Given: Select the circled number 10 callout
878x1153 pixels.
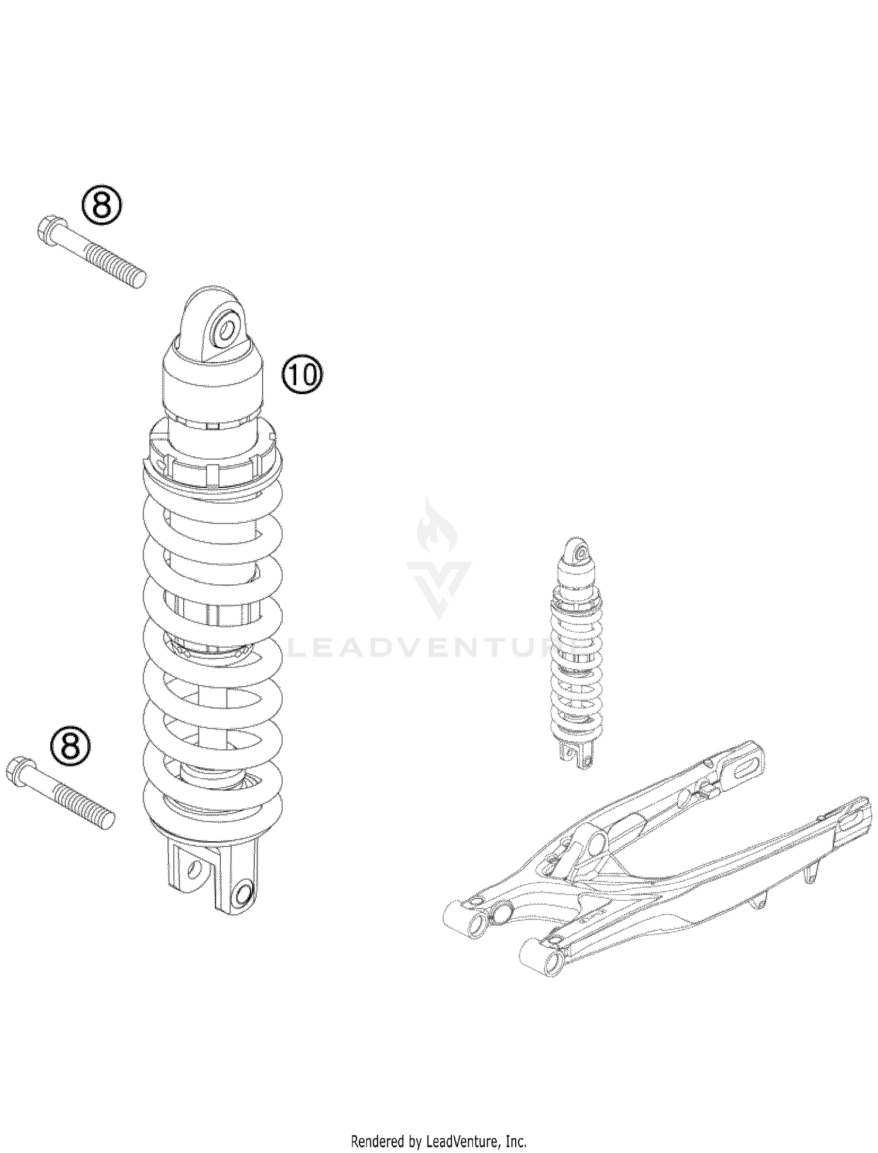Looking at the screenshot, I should tap(302, 375).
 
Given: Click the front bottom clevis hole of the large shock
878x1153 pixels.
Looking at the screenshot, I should tap(242, 894).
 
